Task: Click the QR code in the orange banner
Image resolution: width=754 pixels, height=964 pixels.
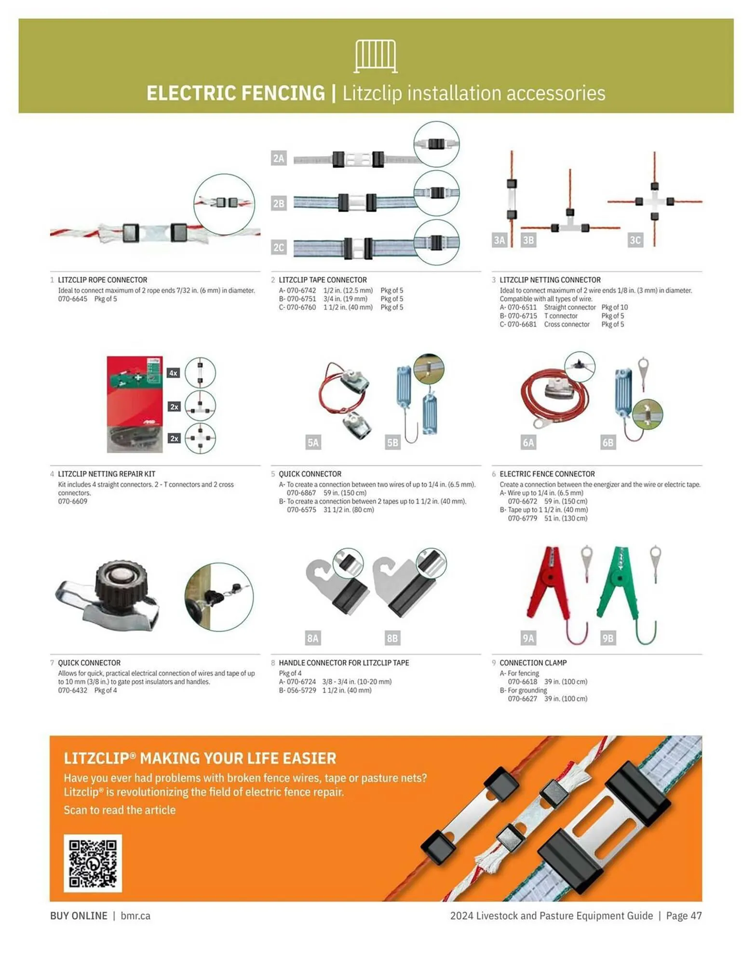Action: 93,863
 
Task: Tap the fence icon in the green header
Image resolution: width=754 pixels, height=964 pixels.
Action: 376,56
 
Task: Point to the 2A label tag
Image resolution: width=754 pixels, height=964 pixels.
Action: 279,158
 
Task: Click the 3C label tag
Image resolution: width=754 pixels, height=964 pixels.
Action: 635,240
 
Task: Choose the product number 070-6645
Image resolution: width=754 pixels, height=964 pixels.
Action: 73,299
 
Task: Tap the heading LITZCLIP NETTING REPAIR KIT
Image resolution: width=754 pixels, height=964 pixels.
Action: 107,474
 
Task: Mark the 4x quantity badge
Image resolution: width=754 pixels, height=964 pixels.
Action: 173,373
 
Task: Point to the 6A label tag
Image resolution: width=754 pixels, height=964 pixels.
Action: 528,442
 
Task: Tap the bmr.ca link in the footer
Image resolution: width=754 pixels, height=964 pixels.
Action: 135,916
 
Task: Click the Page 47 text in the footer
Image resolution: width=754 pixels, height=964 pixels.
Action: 684,916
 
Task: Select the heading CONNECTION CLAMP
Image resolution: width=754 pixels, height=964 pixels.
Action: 533,663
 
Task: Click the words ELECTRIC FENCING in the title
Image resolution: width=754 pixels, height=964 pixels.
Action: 236,93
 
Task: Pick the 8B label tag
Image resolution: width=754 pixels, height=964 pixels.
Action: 392,638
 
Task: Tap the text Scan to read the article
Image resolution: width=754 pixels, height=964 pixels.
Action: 120,810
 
